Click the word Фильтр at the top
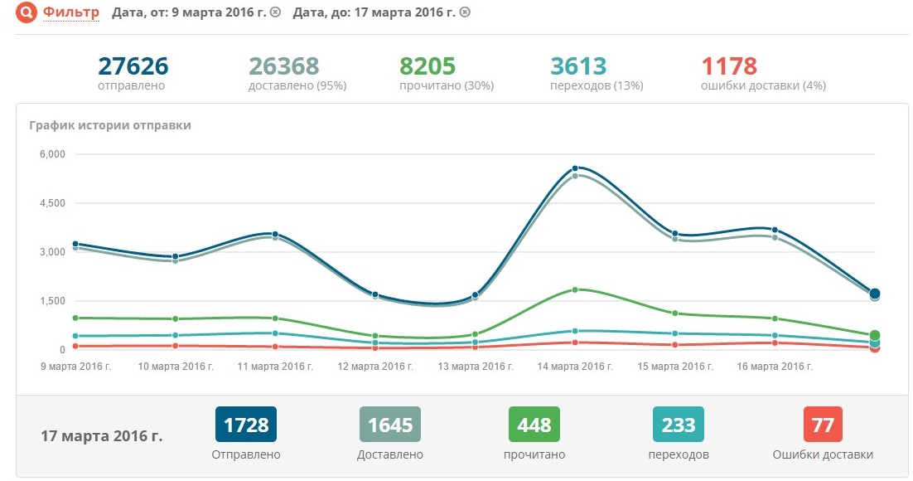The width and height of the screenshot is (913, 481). tap(72, 12)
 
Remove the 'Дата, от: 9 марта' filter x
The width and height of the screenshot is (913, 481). tap(276, 12)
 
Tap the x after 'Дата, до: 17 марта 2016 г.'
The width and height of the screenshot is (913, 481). tap(465, 12)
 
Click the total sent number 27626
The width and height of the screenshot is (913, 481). tap(133, 66)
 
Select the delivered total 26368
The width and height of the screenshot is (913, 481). tap(284, 66)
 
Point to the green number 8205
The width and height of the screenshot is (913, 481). tap(428, 66)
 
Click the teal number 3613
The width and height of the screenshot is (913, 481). tap(578, 66)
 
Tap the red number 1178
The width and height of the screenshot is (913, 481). tap(729, 66)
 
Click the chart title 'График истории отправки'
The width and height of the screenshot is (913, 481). tap(110, 125)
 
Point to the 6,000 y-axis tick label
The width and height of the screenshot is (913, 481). tap(51, 154)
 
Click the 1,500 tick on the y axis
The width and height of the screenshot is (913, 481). tap(51, 301)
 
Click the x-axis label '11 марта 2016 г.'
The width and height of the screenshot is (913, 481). tap(274, 366)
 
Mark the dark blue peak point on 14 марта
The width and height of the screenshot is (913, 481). tap(575, 168)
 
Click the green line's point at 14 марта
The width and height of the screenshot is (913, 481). tap(575, 289)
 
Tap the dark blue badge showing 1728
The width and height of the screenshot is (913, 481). tap(245, 425)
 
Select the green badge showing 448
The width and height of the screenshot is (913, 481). tap(534, 425)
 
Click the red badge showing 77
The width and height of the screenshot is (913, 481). tap(823, 425)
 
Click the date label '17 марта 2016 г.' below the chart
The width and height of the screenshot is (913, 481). tap(102, 435)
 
